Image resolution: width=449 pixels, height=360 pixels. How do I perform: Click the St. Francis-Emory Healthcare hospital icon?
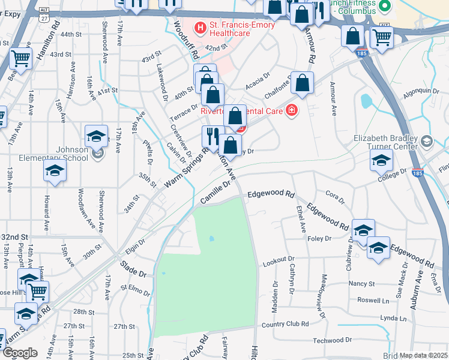(200, 27)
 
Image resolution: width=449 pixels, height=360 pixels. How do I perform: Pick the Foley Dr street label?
(319, 238)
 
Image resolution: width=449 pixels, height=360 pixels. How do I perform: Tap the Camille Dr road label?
(215, 194)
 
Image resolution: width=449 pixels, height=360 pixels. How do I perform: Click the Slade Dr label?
(133, 268)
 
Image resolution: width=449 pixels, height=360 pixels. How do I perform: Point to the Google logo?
(20, 353)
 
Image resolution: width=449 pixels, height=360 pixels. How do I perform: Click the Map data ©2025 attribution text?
(423, 355)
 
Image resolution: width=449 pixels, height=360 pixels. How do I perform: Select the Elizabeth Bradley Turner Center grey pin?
(427, 142)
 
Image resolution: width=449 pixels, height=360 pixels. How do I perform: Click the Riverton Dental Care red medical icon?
(292, 110)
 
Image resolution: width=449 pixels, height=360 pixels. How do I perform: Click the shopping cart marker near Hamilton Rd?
(20, 59)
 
